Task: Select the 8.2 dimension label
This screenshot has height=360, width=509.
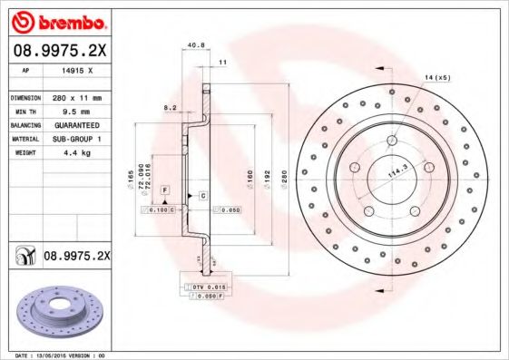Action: pos(169,107)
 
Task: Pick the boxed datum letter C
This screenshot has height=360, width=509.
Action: pos(202,196)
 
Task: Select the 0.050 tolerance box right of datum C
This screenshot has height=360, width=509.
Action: pos(230,209)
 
